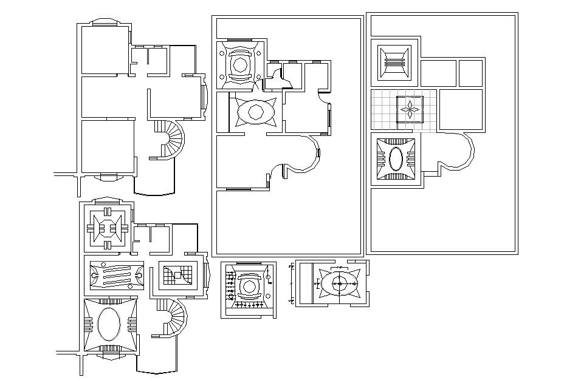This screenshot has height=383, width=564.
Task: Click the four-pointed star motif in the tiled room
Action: pyautogui.click(x=410, y=109)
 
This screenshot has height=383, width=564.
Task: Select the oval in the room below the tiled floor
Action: pyautogui.click(x=396, y=159)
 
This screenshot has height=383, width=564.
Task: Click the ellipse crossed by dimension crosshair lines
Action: pyautogui.click(x=337, y=283)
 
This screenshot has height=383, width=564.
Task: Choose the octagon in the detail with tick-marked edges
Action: pyautogui.click(x=248, y=286)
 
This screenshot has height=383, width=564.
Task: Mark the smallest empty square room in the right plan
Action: pyautogui.click(x=471, y=73)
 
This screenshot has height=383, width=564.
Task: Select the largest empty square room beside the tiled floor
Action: pyautogui.click(x=460, y=109)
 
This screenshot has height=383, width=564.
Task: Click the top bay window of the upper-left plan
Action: pyautogui.click(x=108, y=22)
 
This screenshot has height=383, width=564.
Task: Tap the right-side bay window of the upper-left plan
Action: pyautogui.click(x=204, y=95)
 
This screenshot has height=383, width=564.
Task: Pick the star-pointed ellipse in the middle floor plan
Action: pyautogui.click(x=255, y=112)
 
